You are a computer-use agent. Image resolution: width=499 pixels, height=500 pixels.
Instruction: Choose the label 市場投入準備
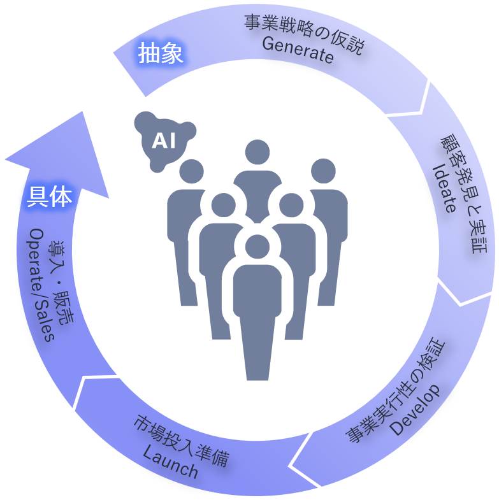point(182,441)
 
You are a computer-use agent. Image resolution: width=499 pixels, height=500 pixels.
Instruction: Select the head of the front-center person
point(257,248)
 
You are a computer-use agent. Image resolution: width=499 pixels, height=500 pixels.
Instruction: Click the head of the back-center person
point(257,152)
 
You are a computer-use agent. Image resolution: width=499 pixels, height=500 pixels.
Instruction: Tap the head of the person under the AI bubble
point(191,171)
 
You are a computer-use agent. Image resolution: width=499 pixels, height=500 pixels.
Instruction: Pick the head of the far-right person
point(322,171)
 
